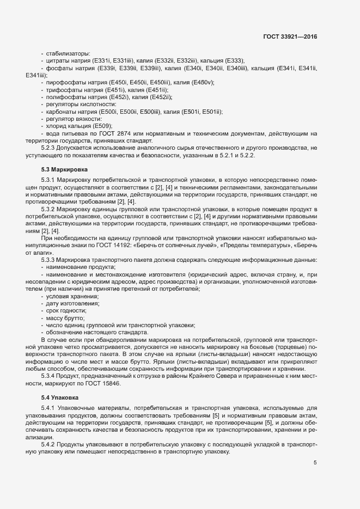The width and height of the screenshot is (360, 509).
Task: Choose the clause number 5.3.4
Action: (x=50, y=376)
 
